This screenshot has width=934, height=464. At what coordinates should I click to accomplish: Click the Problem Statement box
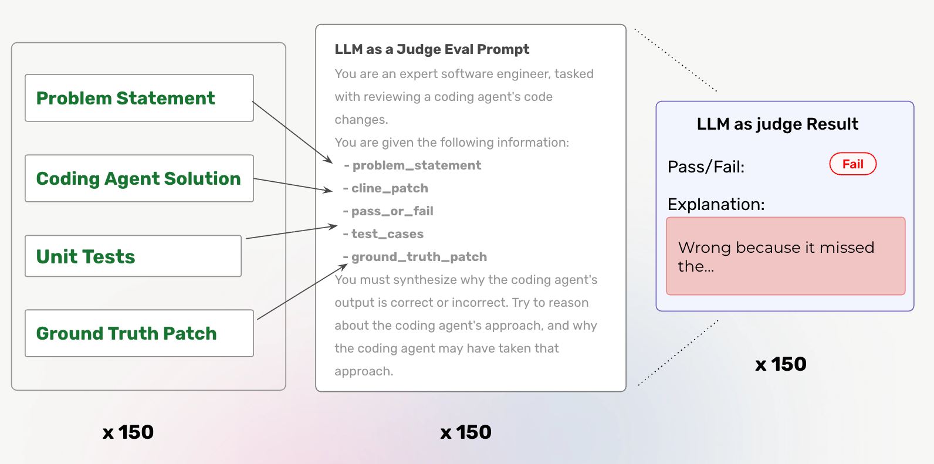point(139,98)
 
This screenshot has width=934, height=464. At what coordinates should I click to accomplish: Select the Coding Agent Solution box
point(139,178)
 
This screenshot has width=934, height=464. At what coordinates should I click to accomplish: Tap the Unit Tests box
point(133,256)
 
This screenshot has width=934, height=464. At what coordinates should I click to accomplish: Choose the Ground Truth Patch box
point(139,333)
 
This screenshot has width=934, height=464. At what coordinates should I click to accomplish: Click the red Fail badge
point(852,164)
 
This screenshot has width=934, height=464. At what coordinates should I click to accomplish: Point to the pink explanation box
point(786,256)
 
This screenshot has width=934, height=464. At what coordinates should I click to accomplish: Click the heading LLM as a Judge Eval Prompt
point(432,49)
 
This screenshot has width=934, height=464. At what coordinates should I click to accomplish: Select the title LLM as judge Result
point(777,124)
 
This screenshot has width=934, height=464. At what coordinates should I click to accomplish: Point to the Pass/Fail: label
point(706,167)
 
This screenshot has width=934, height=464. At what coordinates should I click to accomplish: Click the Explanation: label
point(716,204)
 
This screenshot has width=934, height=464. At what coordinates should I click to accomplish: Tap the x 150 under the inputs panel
point(128,432)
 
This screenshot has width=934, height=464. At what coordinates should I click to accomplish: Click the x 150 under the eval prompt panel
point(466,432)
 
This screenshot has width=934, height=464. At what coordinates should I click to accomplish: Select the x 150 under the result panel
point(780,364)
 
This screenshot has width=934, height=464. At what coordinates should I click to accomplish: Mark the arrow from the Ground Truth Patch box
point(302,292)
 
